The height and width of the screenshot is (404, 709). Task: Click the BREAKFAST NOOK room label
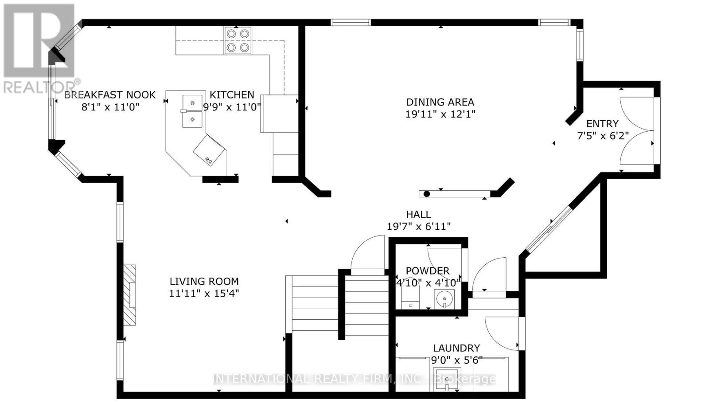110,95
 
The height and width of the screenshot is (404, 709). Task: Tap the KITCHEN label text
232,95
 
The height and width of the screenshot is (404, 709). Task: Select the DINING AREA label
440,102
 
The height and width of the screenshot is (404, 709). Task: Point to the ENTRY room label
602,124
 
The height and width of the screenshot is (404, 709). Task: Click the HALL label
418,215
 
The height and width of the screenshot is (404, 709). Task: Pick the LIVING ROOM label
204,281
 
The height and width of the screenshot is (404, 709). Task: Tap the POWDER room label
427,271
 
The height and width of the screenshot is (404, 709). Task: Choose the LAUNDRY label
456,348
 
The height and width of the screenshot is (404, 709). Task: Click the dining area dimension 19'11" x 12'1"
440,114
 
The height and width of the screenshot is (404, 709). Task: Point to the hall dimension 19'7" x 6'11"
418,227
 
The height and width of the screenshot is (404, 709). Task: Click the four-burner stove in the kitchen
238,40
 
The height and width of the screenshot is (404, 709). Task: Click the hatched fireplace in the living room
129,295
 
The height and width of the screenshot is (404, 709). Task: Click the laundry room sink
447,380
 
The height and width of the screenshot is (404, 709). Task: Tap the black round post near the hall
427,194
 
